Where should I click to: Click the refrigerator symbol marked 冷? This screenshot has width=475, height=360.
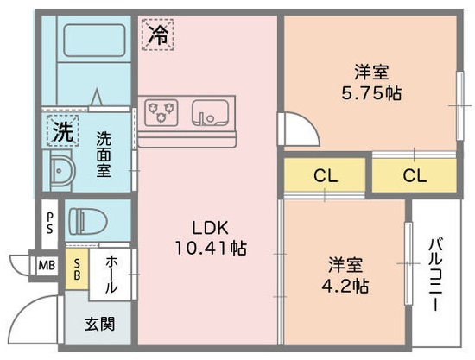point(157,34)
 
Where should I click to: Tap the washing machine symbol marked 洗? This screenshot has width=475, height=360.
point(61,132)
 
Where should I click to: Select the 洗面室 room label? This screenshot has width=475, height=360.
point(104,153)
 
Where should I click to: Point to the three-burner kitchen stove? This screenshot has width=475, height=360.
point(162,111)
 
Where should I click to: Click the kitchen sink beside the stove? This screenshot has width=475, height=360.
point(209,111)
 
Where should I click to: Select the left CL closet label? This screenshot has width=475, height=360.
point(325,175)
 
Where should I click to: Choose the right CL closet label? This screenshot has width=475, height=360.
point(414,175)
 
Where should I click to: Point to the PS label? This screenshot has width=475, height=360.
point(50,222)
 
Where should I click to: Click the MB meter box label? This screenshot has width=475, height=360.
point(45,264)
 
